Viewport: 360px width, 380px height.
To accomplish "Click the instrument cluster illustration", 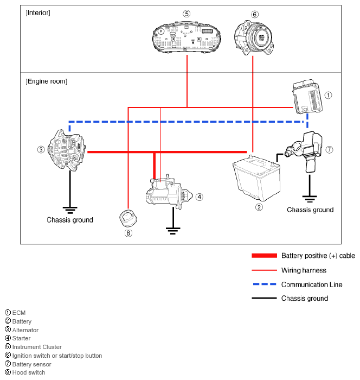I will pos(187,36).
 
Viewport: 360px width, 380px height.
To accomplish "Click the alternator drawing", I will pos(67,149).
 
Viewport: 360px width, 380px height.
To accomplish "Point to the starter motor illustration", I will pos(169,192).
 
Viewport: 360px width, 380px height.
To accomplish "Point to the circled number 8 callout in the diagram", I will pos(128,233).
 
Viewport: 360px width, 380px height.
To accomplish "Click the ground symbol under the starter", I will pos(172,230).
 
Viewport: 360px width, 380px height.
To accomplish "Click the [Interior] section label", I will pos(38,12).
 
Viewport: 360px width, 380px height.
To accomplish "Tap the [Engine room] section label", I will pos(47,81).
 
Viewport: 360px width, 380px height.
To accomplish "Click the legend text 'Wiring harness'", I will pos(304,270).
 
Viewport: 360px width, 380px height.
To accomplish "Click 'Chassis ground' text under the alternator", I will pos(70,220).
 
